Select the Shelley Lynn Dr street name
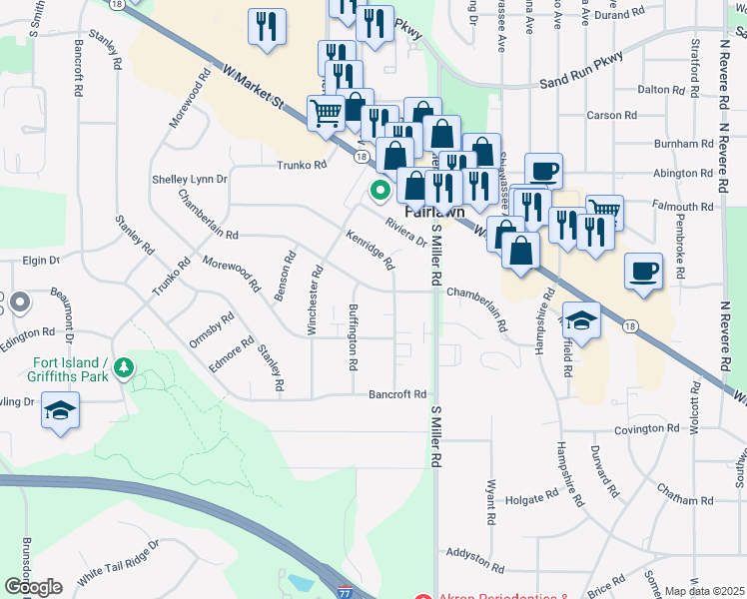pyautogui.click(x=190, y=180)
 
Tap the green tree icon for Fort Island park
pyautogui.click(x=124, y=368)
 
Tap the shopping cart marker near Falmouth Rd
pyautogui.click(x=604, y=210)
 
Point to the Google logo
pyautogui.click(x=33, y=587)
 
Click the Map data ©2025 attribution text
pyautogui.click(x=705, y=591)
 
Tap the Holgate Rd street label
pyautogui.click(x=530, y=496)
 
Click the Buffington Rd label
pyautogui.click(x=353, y=337)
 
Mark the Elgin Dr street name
pyautogui.click(x=41, y=260)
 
